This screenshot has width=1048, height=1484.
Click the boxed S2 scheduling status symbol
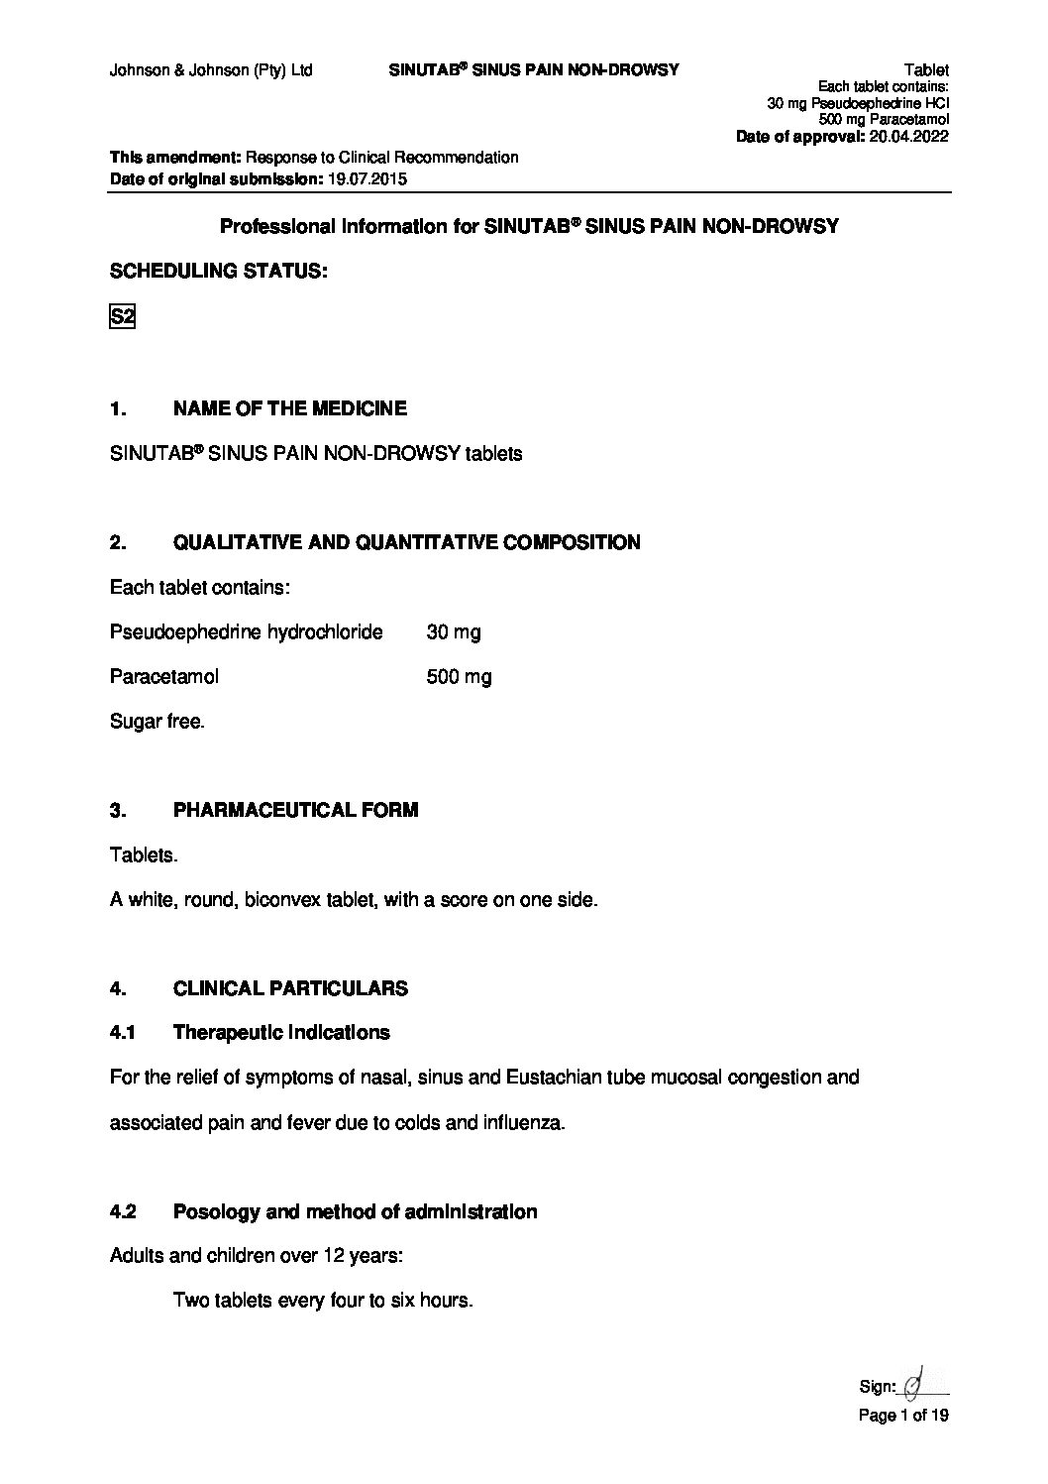point(121,317)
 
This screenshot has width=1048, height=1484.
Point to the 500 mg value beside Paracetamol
point(458,677)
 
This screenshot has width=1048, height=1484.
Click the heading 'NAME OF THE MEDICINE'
point(289,408)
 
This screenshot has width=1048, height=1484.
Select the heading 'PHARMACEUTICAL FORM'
point(295,810)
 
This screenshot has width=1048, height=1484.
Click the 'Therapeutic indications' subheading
point(281,1033)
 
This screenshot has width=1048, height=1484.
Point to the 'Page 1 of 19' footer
point(902,1416)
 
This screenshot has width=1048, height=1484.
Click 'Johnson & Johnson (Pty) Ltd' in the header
point(211,70)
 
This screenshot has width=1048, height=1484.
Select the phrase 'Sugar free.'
point(157,722)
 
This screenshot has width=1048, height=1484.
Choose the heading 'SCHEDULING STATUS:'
point(218,271)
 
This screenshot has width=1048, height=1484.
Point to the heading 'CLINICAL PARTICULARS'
point(290,988)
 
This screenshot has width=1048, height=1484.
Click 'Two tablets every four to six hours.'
point(323,1300)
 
